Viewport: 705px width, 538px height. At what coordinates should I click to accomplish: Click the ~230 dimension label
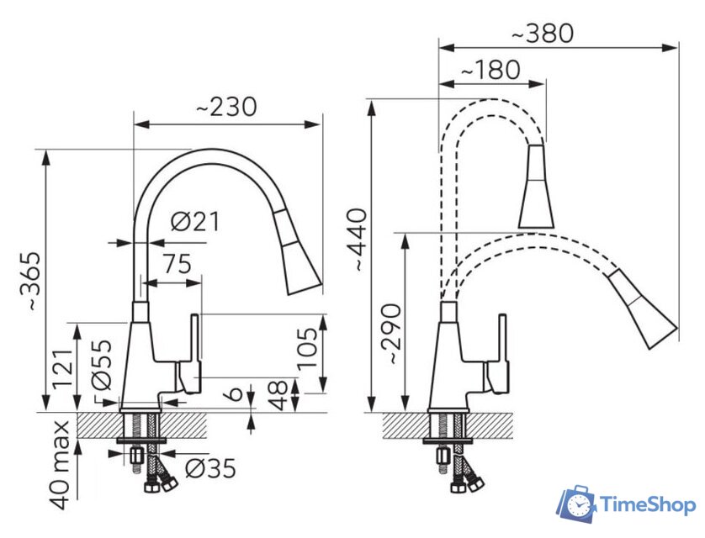pos(226,108)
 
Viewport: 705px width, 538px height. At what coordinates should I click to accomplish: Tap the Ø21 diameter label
pos(196,221)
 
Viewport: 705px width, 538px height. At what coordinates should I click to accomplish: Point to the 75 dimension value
pos(177,264)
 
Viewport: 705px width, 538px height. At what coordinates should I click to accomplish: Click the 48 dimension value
pos(278,396)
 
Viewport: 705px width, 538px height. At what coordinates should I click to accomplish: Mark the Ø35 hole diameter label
pos(210,469)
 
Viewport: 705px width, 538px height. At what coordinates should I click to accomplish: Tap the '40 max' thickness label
pos(61,465)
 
